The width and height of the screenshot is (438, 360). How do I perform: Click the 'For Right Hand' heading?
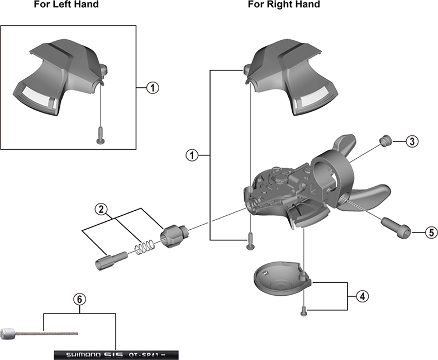(x=284, y=5)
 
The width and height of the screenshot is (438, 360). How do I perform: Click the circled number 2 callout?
(x=101, y=210)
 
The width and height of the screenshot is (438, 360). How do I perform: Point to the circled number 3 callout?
(x=411, y=141)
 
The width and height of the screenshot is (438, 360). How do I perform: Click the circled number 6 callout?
(x=80, y=299)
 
